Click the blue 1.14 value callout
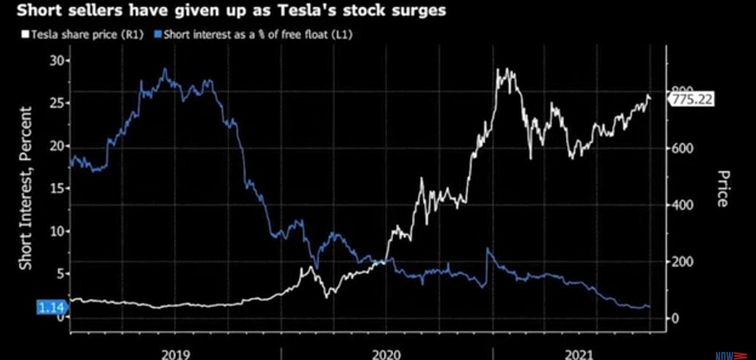[x=47, y=308]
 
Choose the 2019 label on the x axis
[x=176, y=353]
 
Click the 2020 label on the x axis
[x=387, y=353]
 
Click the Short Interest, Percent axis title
[x=25, y=188]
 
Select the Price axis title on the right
[x=722, y=188]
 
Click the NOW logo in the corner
[x=729, y=355]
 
